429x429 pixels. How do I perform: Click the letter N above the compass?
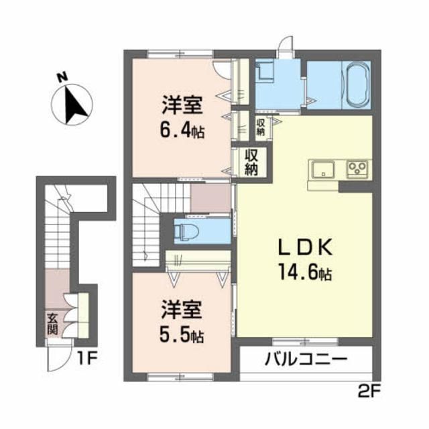[62, 77]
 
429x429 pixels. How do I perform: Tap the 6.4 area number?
[175, 133]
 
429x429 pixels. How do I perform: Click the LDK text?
[306, 247]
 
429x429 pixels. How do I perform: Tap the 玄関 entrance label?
[52, 324]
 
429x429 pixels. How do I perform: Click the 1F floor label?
[86, 359]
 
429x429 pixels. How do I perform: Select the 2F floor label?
[369, 393]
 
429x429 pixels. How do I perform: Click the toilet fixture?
[187, 231]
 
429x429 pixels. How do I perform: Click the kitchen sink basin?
[323, 170]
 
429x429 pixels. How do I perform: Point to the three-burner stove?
[357, 169]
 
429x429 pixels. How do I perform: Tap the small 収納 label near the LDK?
[261, 127]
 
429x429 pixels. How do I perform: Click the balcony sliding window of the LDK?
[306, 342]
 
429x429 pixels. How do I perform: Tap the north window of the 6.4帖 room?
[180, 54]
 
